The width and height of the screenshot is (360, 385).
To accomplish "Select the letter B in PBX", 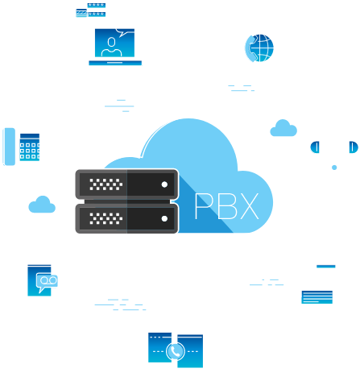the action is [228, 206].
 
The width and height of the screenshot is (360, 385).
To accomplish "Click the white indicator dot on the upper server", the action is [164, 184].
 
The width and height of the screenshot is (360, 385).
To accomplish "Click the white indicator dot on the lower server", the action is [164, 218].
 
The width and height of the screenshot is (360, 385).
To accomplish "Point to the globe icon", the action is [259, 48].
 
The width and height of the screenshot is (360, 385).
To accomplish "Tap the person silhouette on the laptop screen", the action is [111, 48].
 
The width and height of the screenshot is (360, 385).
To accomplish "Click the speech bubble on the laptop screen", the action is [125, 32].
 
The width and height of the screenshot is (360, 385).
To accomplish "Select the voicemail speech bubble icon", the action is [47, 283].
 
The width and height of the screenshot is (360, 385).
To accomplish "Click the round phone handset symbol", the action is [176, 351].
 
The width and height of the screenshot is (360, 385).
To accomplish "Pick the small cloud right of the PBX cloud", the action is [283, 128].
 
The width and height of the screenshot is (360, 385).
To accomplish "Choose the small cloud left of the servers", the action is [42, 205].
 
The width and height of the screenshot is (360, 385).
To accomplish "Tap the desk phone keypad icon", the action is [30, 147].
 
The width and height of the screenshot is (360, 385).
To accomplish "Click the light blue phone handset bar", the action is [9, 147].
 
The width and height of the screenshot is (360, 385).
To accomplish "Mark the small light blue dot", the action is [334, 168].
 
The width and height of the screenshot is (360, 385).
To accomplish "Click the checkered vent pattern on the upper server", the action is [106, 184].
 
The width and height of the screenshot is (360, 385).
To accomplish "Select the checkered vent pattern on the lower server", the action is [106, 218].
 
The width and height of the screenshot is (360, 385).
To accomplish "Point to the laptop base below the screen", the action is [115, 63].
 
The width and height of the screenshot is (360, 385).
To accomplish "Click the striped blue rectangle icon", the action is [317, 297].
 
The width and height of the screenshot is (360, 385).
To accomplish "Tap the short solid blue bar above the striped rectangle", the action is [326, 267].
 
